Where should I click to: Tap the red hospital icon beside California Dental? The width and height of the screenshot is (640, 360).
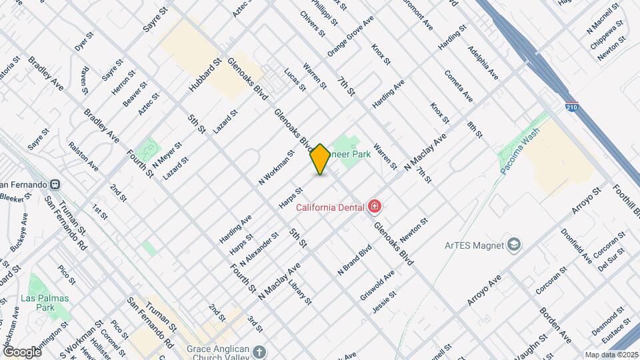point(375,207)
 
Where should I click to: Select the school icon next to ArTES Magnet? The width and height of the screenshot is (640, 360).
point(514,245)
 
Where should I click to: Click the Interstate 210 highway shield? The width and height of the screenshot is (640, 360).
point(572,107)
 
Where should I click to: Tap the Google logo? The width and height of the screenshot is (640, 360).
point(22,351)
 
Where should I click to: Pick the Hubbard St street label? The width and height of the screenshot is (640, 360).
point(204,75)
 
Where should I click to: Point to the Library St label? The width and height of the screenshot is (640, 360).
point(300,293)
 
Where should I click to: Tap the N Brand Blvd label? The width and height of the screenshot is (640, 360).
point(355,261)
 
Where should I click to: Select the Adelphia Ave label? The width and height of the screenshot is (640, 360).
point(483,62)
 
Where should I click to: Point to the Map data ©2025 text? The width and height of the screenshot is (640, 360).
point(611,355)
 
